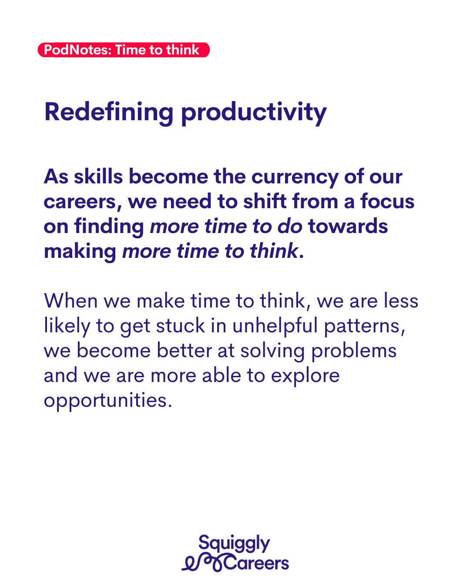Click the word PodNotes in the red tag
click(78, 50)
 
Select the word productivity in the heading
click(254, 113)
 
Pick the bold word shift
click(265, 201)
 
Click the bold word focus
click(387, 201)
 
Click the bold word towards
click(348, 226)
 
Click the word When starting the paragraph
click(71, 301)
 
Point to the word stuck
click(180, 326)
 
